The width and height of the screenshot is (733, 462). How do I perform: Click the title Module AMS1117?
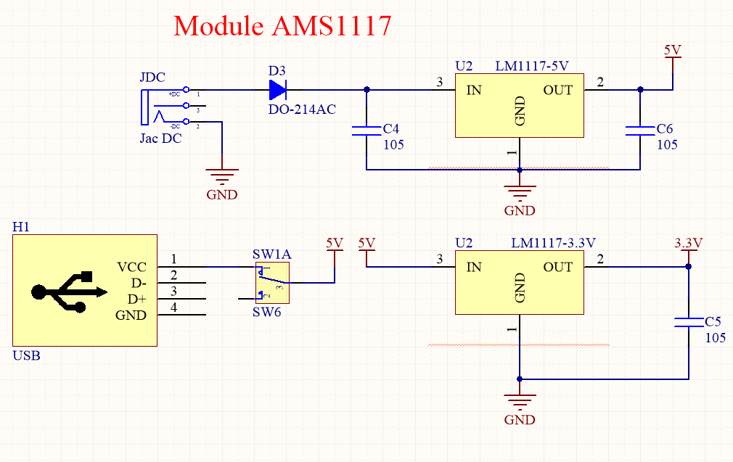[x=282, y=26]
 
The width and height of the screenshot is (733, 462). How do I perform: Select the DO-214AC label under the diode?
[x=302, y=110]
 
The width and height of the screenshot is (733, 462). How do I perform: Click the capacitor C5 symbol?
[x=688, y=322]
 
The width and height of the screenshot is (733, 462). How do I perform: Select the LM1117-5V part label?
[x=531, y=66]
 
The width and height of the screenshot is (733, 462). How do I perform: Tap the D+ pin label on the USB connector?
[x=136, y=299]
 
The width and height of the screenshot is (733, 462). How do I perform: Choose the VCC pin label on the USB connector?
[x=131, y=267]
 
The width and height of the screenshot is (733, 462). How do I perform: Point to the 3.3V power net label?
[x=688, y=243]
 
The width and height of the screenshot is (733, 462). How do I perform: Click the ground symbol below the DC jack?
[x=222, y=176]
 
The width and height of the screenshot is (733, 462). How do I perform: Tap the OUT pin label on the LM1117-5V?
[x=557, y=90]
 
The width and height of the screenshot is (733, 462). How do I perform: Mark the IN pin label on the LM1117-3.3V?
[x=474, y=267]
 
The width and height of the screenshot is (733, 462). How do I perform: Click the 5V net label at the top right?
[x=673, y=50]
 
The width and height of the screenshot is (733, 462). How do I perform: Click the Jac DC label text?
[x=160, y=139]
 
